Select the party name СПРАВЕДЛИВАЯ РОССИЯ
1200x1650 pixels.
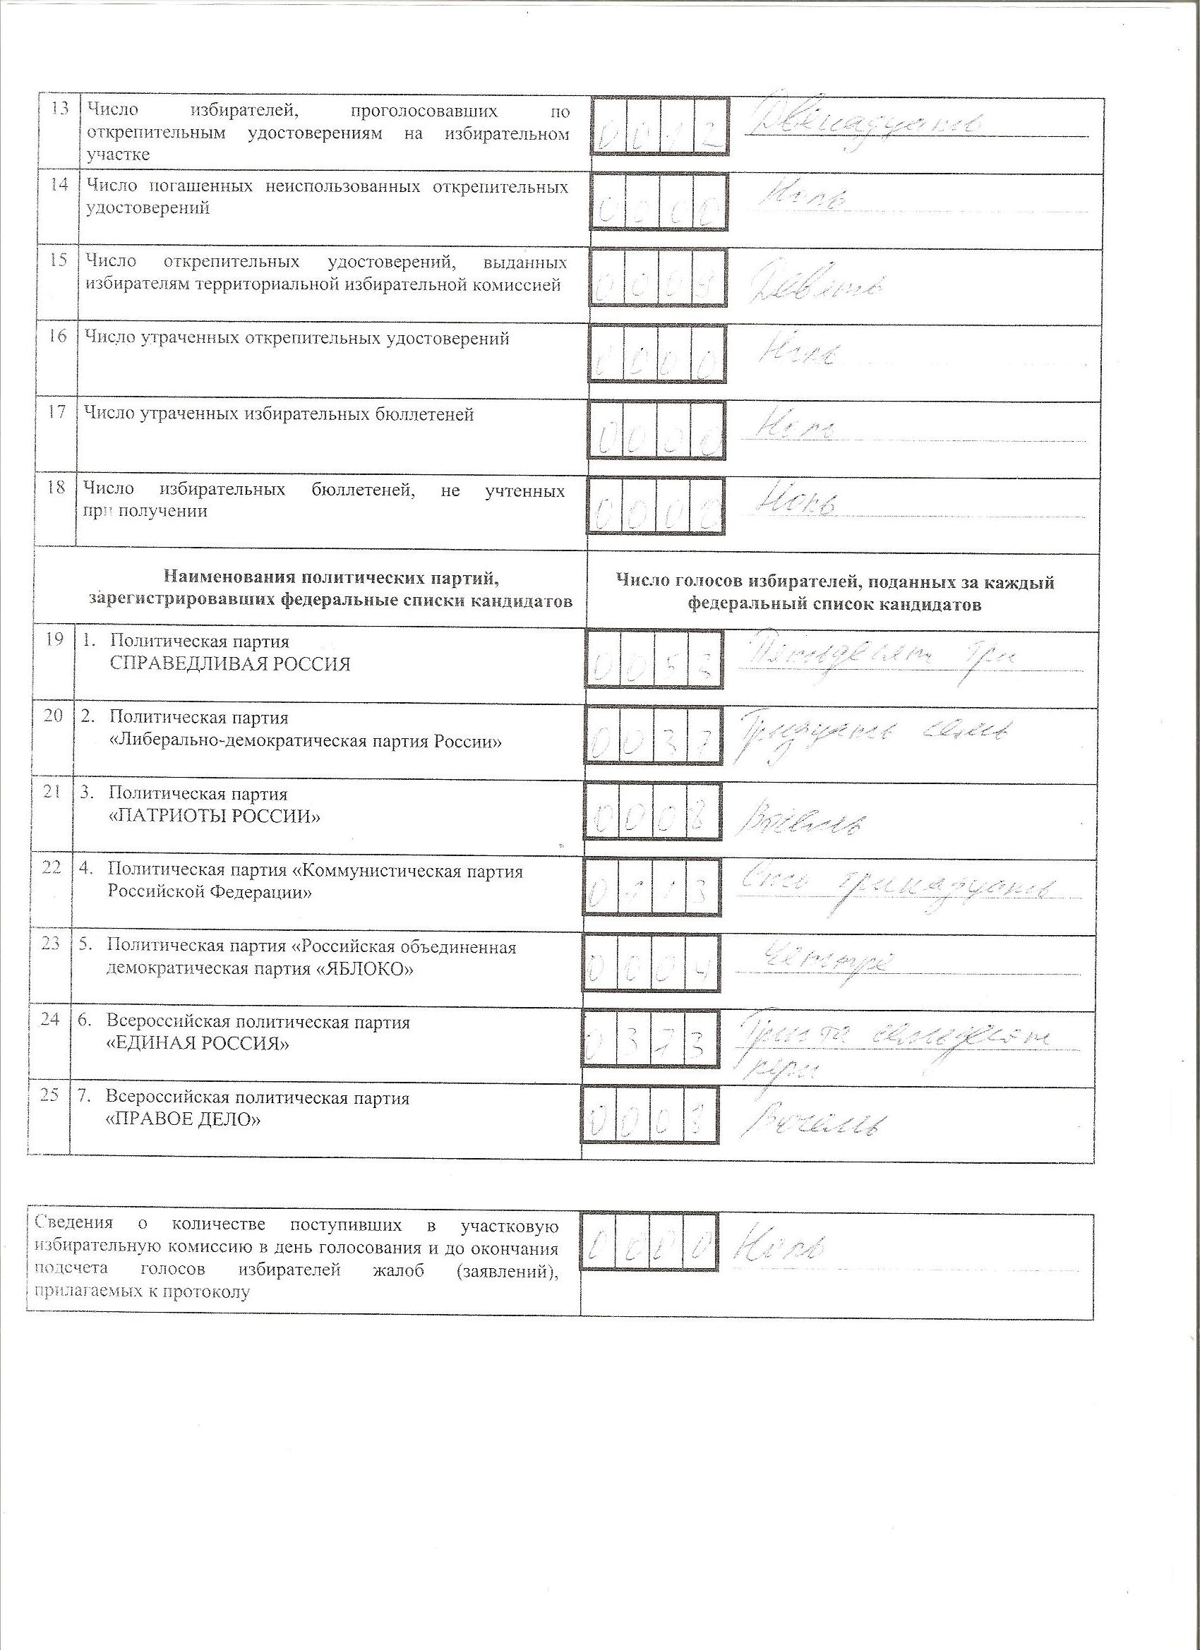pyautogui.click(x=230, y=663)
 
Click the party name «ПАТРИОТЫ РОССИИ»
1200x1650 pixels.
pyautogui.click(x=214, y=817)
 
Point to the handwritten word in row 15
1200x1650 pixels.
pyautogui.click(x=815, y=287)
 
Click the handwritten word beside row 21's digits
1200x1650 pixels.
pyautogui.click(x=800, y=821)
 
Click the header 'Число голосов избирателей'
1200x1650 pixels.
pyautogui.click(x=834, y=582)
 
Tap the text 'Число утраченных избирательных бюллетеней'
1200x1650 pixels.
pyautogui.click(x=280, y=415)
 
